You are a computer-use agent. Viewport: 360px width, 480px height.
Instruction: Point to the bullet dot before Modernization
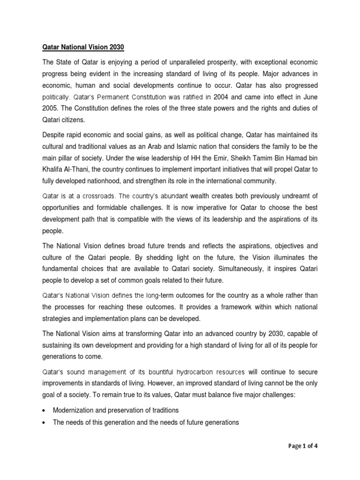44,411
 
